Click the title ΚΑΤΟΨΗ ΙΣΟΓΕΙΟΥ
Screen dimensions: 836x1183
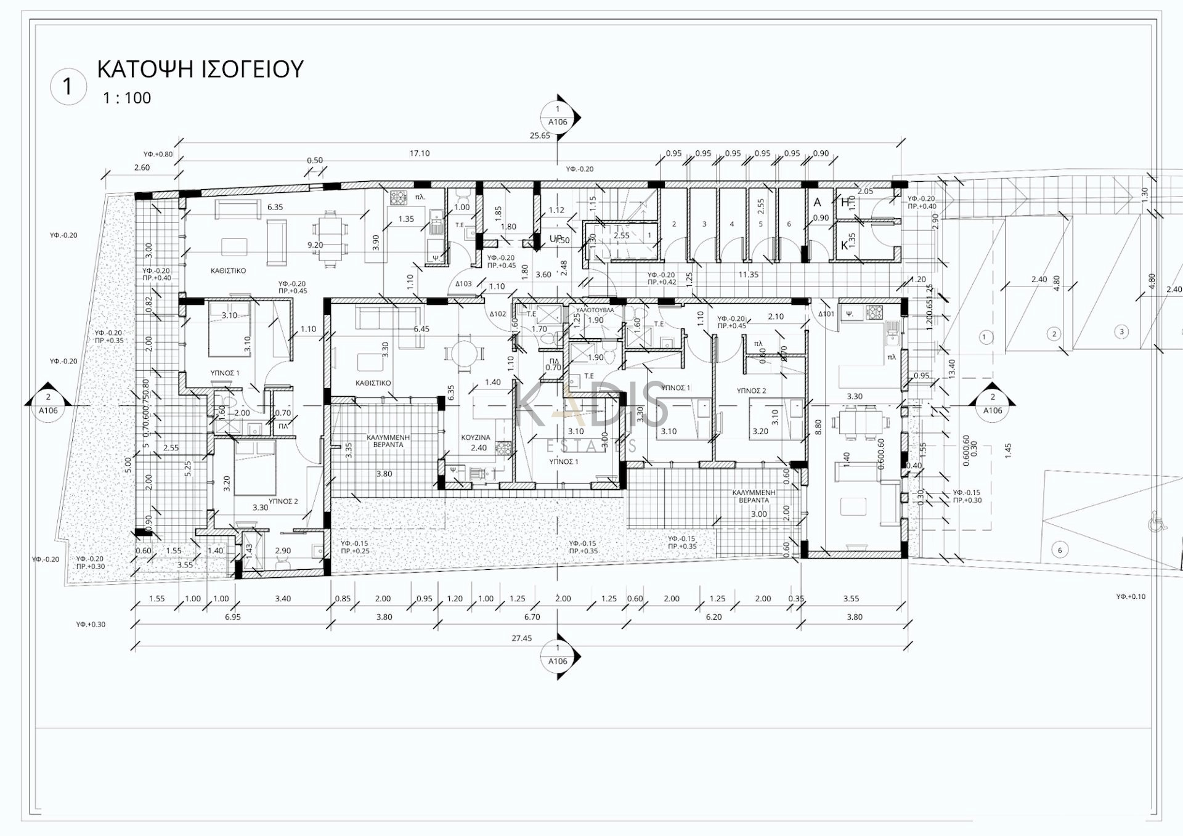click(x=200, y=69)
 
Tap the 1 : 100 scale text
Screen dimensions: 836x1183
click(x=126, y=98)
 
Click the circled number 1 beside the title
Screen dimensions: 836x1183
click(x=68, y=86)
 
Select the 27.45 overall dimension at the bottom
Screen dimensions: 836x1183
click(x=521, y=638)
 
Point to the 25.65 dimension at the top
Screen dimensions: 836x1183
click(x=540, y=136)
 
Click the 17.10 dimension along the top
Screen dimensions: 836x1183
click(x=420, y=153)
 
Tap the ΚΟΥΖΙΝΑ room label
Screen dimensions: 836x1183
click(x=476, y=437)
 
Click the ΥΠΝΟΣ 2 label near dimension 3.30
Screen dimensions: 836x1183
click(x=283, y=501)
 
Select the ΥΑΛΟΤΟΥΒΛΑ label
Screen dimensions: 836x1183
click(x=595, y=310)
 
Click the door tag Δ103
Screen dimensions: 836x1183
click(x=463, y=284)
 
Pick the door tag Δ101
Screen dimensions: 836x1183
click(x=826, y=314)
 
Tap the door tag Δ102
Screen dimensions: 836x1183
click(x=498, y=314)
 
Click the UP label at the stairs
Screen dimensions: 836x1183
click(x=556, y=238)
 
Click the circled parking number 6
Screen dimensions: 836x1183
click(x=1060, y=550)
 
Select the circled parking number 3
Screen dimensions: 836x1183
click(x=1121, y=331)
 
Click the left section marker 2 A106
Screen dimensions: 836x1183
click(x=48, y=404)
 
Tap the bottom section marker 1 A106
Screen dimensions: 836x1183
click(x=558, y=655)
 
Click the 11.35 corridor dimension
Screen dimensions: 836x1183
click(x=749, y=275)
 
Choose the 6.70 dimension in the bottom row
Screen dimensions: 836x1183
click(x=532, y=617)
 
